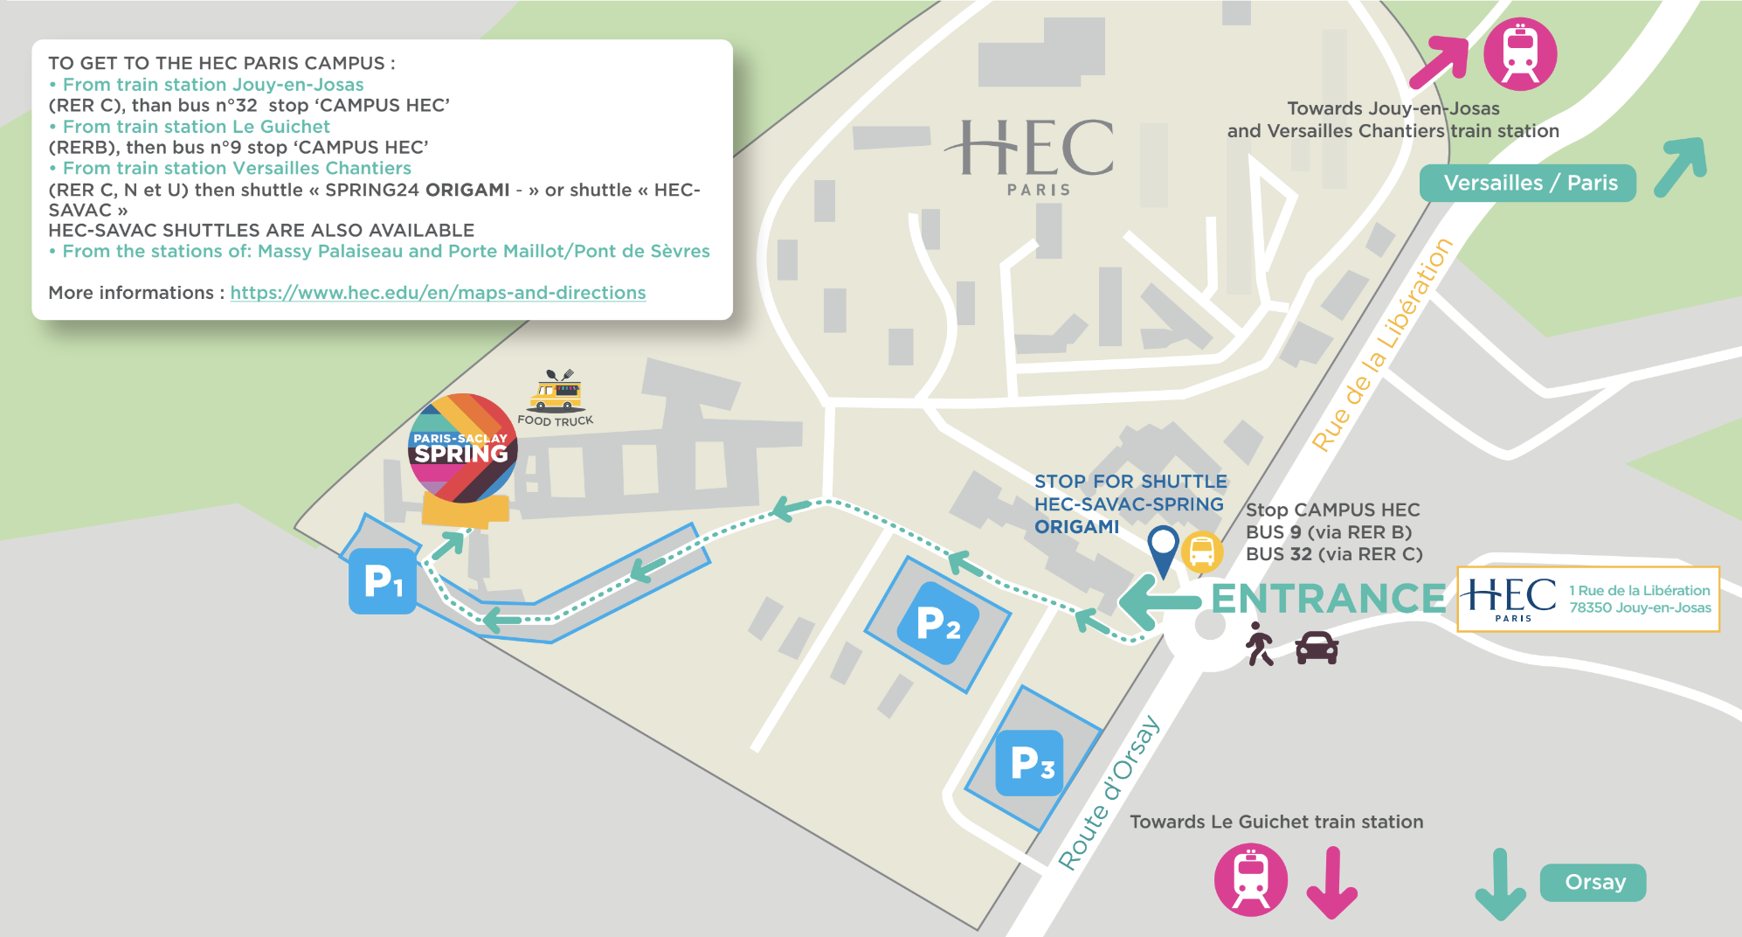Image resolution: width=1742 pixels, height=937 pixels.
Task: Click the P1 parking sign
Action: coord(383,581)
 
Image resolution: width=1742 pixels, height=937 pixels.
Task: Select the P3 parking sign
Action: coord(1031,763)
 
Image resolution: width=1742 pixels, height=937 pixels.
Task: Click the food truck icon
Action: coord(556,392)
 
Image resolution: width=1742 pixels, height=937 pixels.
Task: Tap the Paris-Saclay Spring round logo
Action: coord(462,448)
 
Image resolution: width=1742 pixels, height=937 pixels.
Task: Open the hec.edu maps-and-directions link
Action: coord(438,293)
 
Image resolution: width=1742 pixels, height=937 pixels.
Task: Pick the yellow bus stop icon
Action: coord(1202,552)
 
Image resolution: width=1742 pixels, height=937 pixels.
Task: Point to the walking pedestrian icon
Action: coord(1259,644)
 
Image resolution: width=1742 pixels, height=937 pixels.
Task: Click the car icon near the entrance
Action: coord(1317,648)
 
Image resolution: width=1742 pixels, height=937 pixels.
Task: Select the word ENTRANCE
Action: coord(1328,599)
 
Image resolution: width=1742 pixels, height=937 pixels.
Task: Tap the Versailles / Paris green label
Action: coord(1528,184)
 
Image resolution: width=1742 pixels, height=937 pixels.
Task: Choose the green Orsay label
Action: coord(1593,882)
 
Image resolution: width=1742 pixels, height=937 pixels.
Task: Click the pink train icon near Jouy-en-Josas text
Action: coord(1520,54)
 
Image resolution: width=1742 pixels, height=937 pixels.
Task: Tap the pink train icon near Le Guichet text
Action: coord(1251,879)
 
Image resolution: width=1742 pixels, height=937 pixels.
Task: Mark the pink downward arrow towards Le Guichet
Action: coord(1331,883)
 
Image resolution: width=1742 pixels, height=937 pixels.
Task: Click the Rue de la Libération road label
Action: coord(1382,344)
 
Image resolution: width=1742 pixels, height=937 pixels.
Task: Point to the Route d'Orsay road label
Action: coord(1109,794)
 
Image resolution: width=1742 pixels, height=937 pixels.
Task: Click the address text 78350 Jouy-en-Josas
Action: coord(1640,607)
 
